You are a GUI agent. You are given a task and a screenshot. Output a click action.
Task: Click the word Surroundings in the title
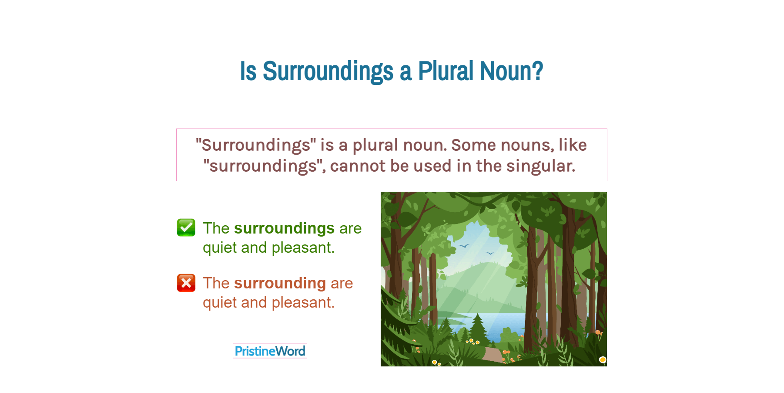(328, 71)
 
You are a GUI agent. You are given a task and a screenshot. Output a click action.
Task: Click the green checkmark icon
(186, 227)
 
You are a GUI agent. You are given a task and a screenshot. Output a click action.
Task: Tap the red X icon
(186, 283)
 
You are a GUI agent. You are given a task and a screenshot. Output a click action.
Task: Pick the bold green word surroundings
(284, 228)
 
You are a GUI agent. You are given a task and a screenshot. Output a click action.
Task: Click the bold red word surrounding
(280, 283)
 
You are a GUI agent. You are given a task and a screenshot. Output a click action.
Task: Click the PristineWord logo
(270, 351)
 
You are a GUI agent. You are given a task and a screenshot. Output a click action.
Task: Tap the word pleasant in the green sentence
(303, 247)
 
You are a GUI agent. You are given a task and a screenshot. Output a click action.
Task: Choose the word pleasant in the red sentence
(303, 302)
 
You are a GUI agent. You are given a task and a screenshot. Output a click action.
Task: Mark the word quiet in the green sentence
(220, 247)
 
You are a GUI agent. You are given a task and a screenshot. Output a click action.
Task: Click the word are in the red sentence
(342, 283)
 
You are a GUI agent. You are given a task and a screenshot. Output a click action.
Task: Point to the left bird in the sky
(464, 246)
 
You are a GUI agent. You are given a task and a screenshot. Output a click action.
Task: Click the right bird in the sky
(490, 253)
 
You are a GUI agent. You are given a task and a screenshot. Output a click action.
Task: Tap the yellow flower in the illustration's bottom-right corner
(603, 359)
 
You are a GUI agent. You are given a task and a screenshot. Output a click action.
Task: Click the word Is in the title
(248, 71)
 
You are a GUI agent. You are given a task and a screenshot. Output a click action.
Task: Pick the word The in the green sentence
(216, 228)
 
